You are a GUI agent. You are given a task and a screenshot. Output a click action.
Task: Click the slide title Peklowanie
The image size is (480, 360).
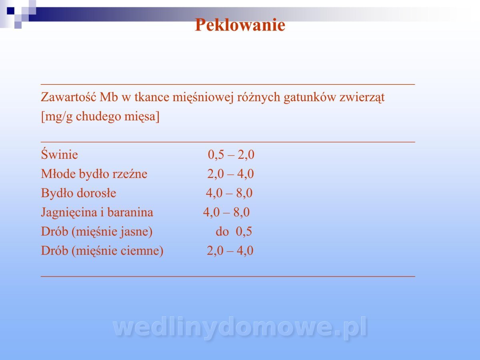[x=240, y=25]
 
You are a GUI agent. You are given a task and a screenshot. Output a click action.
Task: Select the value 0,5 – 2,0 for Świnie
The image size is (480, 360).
[x=231, y=155]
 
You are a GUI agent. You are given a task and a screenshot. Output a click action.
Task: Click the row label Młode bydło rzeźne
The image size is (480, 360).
[x=94, y=174]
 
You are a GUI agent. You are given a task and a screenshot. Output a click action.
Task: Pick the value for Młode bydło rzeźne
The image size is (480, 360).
[x=230, y=174]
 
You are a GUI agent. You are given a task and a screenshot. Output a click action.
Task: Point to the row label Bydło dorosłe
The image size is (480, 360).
[x=78, y=193]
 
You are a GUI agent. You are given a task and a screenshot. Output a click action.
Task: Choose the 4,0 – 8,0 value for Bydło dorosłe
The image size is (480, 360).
[x=229, y=193]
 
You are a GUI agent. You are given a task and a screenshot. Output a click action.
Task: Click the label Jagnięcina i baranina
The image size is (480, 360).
[x=97, y=212]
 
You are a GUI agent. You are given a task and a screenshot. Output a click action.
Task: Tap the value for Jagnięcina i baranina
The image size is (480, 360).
[x=226, y=212]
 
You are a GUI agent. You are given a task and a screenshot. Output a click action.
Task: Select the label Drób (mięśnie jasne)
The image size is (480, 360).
[x=97, y=232]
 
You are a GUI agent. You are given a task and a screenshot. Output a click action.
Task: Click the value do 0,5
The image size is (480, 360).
[x=234, y=232]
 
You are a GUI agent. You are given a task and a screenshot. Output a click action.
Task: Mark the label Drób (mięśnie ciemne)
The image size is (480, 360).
[x=102, y=251]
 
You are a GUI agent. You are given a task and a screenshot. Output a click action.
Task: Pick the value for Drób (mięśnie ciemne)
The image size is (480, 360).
[x=230, y=251]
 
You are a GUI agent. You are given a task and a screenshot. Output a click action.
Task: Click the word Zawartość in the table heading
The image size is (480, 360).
[x=68, y=97]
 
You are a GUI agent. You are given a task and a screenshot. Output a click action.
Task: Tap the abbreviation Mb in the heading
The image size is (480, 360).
[x=109, y=97]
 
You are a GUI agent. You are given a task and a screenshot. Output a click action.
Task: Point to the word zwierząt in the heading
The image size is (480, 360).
[x=362, y=98]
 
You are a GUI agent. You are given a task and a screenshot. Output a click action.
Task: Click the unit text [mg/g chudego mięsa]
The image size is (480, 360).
[x=100, y=116]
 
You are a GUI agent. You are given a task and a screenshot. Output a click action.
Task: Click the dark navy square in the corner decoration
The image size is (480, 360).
[x=10, y=11]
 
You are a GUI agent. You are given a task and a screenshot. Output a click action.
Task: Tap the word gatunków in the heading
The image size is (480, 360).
[x=310, y=98]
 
